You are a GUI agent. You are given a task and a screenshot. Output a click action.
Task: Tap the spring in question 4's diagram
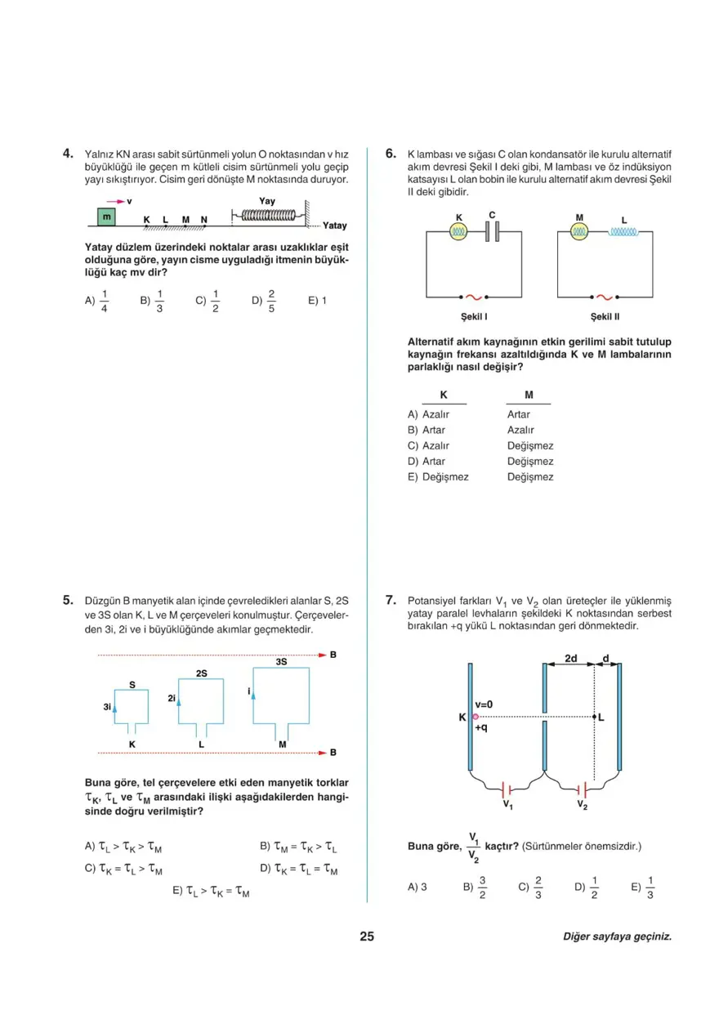pyautogui.click(x=267, y=216)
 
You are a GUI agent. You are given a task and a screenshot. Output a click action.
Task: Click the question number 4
pyautogui.click(x=69, y=153)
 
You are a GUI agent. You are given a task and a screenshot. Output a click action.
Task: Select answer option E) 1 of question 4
pyautogui.click(x=317, y=301)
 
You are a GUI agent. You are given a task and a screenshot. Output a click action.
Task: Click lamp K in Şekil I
pyautogui.click(x=458, y=232)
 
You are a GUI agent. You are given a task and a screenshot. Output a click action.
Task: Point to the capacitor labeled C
pyautogui.click(x=492, y=232)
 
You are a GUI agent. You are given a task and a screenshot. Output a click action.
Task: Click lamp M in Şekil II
pyautogui.click(x=579, y=232)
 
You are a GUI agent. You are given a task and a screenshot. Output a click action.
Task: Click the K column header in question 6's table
pyautogui.click(x=444, y=395)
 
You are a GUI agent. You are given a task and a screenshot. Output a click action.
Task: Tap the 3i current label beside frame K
pyautogui.click(x=106, y=706)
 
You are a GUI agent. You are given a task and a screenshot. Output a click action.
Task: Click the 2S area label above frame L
pyautogui.click(x=201, y=673)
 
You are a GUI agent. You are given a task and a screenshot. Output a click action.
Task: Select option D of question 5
pyautogui.click(x=298, y=870)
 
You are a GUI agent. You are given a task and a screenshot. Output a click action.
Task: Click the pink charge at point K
pyautogui.click(x=475, y=716)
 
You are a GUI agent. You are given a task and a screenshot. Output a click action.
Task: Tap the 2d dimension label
pyautogui.click(x=571, y=657)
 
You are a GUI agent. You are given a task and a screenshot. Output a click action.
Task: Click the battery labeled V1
pyautogui.click(x=507, y=790)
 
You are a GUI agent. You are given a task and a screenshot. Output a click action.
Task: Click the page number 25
pyautogui.click(x=366, y=937)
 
